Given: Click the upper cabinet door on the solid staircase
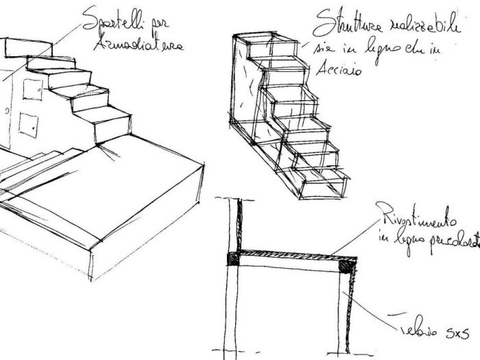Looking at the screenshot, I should [x=32, y=88].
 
